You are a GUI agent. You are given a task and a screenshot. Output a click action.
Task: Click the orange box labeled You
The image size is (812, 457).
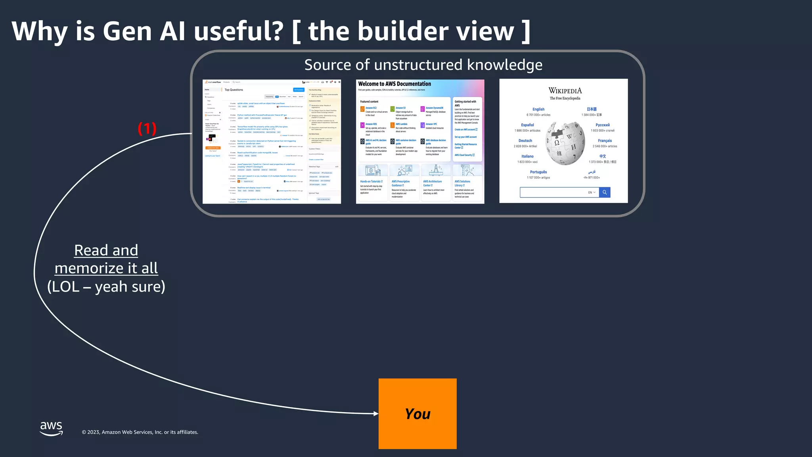click(x=417, y=414)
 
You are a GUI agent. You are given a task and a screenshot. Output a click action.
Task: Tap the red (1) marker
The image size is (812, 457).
click(x=147, y=129)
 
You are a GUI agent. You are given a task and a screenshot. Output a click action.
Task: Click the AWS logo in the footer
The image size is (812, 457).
click(x=52, y=428)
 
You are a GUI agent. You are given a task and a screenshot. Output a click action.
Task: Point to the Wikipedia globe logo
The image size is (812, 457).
click(x=565, y=143)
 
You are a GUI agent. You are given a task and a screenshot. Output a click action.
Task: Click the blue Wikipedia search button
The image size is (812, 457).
click(x=605, y=192)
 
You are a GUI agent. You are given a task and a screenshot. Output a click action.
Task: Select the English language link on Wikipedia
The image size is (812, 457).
click(x=538, y=109)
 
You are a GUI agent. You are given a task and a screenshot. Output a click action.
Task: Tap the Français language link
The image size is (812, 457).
click(x=605, y=141)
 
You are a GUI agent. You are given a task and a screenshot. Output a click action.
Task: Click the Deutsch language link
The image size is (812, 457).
click(x=525, y=141)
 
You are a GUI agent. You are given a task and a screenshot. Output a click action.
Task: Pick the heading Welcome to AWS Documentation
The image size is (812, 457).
click(x=395, y=84)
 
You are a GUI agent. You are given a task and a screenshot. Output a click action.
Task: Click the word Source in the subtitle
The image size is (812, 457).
click(x=327, y=65)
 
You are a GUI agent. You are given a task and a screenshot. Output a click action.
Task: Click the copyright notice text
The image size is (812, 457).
click(x=140, y=432)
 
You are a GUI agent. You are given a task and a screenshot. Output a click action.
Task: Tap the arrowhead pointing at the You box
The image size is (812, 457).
click(x=376, y=413)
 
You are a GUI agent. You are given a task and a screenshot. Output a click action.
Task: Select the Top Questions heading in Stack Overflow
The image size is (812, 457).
click(x=234, y=90)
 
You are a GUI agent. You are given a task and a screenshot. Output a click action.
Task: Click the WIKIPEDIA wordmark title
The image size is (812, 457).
click(x=565, y=91)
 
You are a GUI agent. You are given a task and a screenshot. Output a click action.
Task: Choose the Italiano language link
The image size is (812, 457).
click(x=527, y=156)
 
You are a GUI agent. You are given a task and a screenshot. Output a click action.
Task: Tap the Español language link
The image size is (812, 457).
click(x=527, y=125)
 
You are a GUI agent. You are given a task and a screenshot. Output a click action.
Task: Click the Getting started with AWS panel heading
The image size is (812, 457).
click(x=465, y=104)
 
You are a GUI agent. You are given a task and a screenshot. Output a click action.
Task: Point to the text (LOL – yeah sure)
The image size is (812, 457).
click(x=106, y=286)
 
